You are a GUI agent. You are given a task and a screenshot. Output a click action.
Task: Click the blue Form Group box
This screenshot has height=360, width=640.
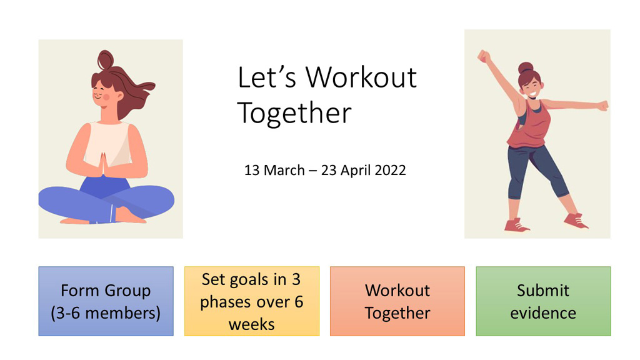[x=106, y=301]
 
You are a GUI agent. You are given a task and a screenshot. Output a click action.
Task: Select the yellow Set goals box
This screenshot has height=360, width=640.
[x=252, y=301]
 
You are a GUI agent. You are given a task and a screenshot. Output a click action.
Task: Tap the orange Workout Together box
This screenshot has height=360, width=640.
[x=397, y=301]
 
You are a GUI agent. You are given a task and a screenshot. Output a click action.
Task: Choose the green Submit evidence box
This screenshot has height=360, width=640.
[x=543, y=301]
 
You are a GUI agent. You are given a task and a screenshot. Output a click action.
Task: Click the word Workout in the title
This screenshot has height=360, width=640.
[x=361, y=77]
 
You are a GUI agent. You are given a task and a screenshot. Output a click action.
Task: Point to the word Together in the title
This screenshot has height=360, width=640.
[x=294, y=113]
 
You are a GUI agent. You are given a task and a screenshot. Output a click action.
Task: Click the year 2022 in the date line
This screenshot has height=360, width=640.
[x=390, y=170]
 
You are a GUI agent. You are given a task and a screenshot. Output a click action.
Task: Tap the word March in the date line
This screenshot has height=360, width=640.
[x=284, y=170]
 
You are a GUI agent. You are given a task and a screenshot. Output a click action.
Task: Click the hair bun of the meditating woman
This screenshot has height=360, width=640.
[x=106, y=59]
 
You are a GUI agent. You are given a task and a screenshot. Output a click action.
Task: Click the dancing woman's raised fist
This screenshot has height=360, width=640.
[x=484, y=56]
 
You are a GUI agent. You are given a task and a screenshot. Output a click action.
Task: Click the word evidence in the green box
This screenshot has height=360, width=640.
[x=543, y=313]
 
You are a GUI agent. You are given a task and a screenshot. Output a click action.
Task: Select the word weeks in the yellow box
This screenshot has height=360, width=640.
[x=251, y=324]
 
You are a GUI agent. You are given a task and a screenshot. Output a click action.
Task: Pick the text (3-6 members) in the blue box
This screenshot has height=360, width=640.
[x=106, y=313]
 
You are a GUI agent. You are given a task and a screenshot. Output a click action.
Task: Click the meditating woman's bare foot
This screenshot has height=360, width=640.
[x=130, y=216]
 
